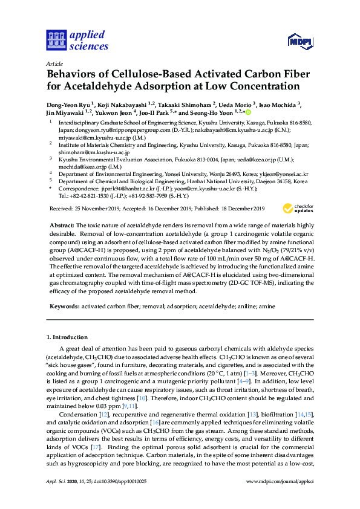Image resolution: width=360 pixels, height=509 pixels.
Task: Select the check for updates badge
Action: pyautogui.click(x=298, y=209)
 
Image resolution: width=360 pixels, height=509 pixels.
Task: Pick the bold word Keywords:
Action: pyautogui.click(x=64, y=306)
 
